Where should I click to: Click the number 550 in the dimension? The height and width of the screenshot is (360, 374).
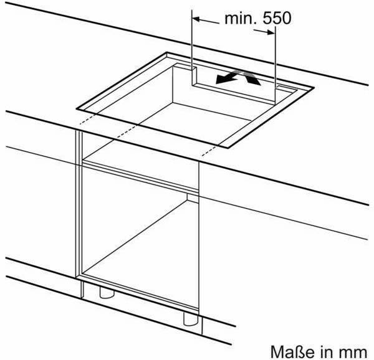tap(277, 18)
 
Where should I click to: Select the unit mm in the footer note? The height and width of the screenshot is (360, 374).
tap(355, 353)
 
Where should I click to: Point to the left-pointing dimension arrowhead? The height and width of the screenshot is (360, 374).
tap(196, 19)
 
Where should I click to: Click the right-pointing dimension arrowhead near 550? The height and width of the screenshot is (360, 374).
tap(271, 32)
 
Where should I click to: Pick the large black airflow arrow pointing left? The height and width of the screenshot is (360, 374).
tap(227, 78)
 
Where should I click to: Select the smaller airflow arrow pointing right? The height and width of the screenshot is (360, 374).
tap(251, 78)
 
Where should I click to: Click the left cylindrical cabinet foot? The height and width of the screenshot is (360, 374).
tap(107, 293)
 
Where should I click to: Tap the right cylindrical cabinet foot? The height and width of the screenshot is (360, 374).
tap(191, 319)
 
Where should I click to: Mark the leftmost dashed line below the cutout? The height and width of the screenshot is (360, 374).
tap(87, 119)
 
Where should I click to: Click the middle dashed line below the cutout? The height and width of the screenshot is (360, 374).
tap(127, 132)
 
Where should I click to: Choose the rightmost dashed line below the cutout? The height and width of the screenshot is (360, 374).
tap(211, 151)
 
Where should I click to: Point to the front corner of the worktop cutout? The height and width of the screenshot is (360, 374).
tap(228, 148)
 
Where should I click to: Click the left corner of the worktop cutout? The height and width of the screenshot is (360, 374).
tap(77, 109)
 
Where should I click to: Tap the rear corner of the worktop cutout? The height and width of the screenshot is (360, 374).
tap(166, 52)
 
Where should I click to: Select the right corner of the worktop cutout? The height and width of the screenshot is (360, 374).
tap(314, 87)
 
